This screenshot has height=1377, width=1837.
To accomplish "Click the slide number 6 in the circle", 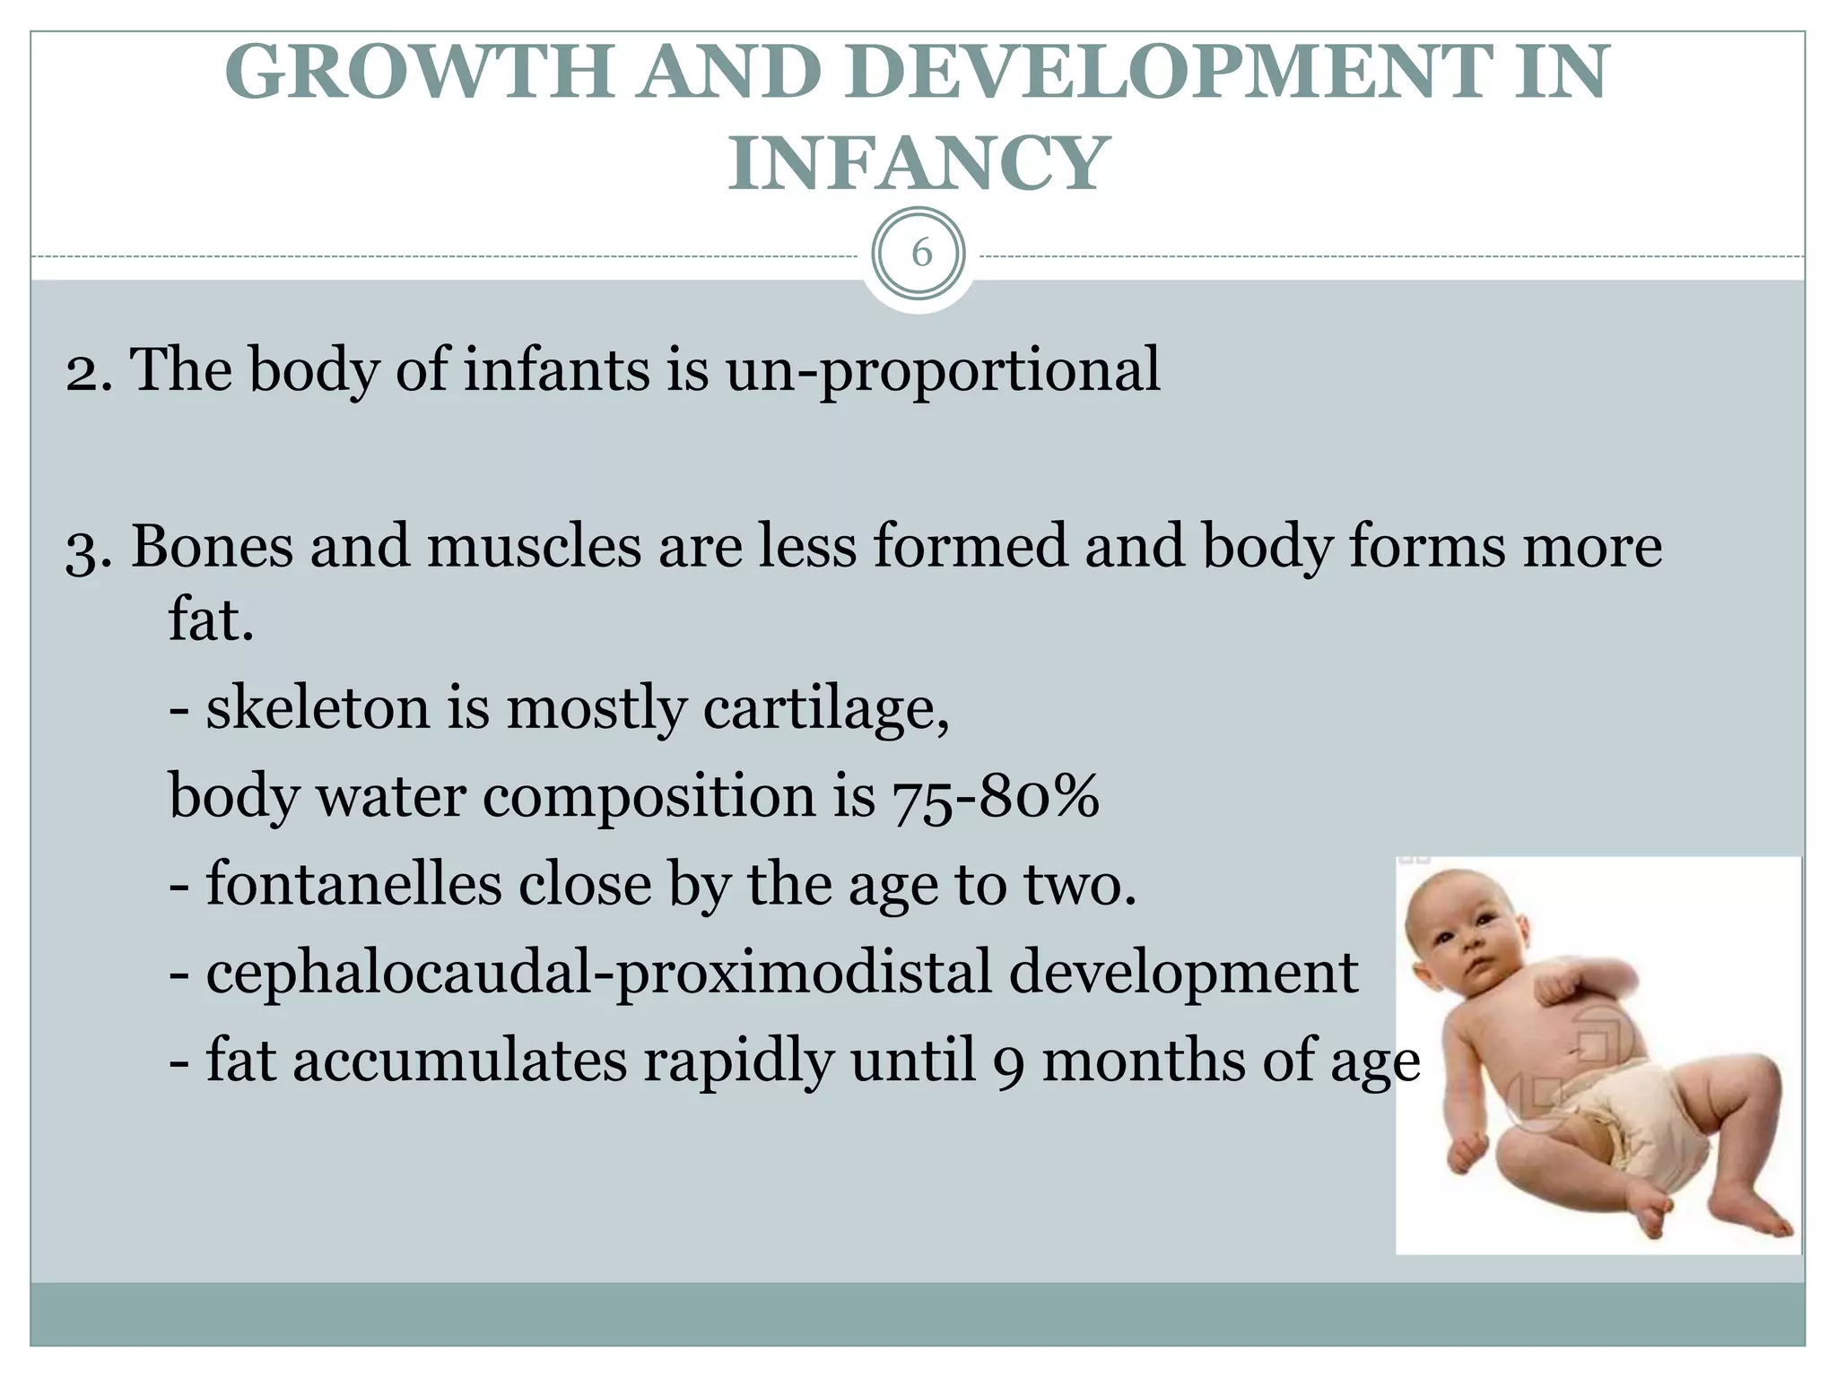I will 920,255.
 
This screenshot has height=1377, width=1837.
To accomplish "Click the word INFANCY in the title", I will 916,163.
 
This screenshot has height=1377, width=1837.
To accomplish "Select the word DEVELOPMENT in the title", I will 1160,74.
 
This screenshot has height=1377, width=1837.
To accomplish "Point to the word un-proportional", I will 942,369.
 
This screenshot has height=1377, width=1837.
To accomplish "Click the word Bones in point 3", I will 212,546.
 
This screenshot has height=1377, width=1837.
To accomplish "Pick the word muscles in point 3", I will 533,546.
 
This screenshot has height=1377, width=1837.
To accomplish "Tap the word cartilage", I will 825,708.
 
